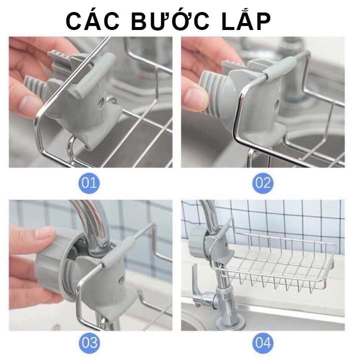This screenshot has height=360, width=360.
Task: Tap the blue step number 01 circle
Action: point(89,182)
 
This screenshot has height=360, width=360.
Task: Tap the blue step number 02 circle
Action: point(262,182)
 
